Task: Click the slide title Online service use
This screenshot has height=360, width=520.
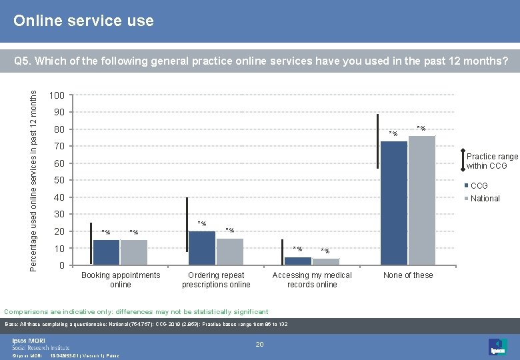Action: click(83, 21)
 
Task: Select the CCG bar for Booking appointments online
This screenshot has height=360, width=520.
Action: click(106, 253)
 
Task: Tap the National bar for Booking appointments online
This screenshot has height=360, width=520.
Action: click(134, 253)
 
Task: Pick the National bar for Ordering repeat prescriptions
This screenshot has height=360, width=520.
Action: click(230, 252)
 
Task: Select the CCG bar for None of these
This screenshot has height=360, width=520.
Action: click(393, 203)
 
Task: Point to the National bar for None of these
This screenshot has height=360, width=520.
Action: click(422, 200)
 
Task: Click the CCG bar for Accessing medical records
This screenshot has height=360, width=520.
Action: click(297, 261)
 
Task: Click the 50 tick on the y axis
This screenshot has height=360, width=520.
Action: click(59, 181)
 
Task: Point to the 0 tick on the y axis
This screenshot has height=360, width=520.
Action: click(61, 266)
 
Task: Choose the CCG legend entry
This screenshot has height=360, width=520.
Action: click(479, 186)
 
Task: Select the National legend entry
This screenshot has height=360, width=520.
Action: click(485, 198)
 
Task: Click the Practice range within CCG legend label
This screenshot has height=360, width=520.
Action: click(491, 161)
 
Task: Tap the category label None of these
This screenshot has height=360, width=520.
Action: click(408, 275)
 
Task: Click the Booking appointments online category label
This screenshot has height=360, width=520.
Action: click(121, 280)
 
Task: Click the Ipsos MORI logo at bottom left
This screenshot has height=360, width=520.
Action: click(40, 343)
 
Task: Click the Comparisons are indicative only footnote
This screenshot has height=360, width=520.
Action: click(137, 311)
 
